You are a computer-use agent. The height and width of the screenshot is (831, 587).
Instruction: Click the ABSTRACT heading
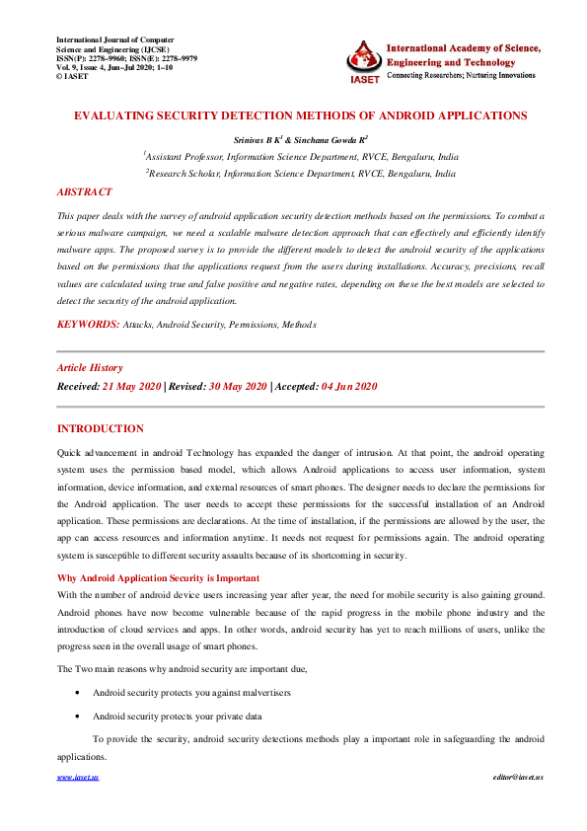(x=84, y=192)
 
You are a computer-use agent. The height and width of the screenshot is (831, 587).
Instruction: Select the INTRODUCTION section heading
(x=101, y=428)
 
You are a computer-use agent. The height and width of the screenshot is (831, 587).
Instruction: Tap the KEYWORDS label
(x=88, y=324)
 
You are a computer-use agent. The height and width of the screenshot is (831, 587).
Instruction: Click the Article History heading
(x=90, y=367)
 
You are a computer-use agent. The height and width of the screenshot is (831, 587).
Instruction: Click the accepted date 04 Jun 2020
(x=348, y=387)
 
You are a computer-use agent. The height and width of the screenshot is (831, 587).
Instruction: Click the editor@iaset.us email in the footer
(x=518, y=778)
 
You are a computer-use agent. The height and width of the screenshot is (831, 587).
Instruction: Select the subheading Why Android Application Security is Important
(x=158, y=577)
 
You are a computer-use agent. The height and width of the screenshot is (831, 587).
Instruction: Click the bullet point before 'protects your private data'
(x=78, y=716)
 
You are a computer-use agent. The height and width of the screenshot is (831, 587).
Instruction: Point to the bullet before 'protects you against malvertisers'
(x=78, y=694)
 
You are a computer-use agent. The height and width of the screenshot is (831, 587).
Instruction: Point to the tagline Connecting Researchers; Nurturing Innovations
(x=458, y=75)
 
